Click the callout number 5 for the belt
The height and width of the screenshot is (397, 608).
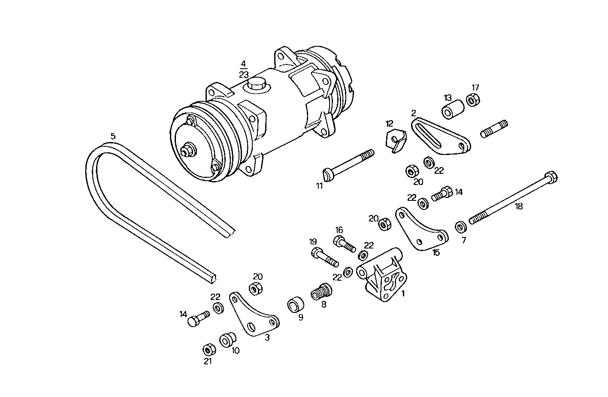(113, 136)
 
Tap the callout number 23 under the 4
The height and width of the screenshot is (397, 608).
(244, 74)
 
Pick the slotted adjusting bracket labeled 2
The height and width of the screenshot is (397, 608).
(440, 137)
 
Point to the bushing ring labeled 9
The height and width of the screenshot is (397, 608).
(295, 305)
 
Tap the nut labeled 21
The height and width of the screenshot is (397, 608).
(209, 349)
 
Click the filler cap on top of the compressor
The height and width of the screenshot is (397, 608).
(255, 85)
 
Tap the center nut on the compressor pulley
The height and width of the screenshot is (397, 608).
(188, 151)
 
